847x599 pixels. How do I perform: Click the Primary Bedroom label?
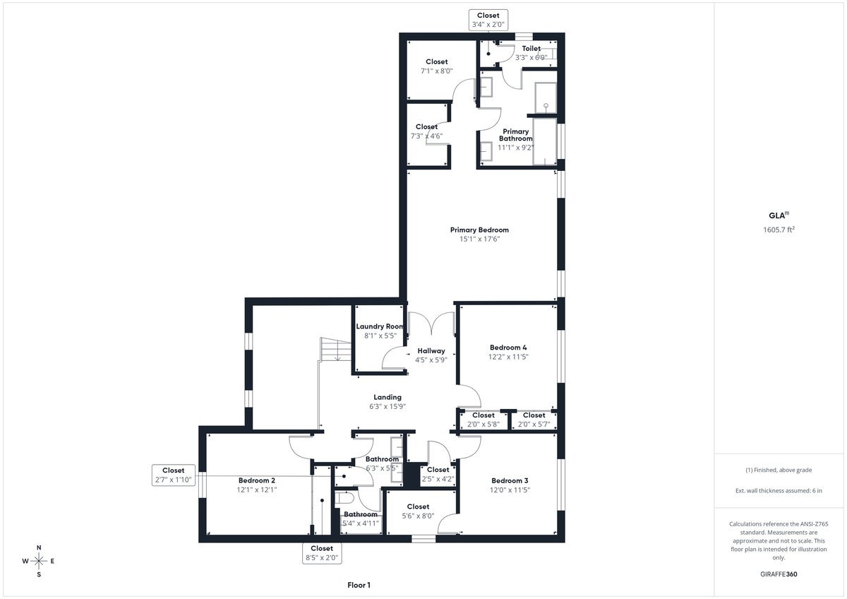pyautogui.click(x=479, y=230)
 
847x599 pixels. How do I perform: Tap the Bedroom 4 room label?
pyautogui.click(x=507, y=347)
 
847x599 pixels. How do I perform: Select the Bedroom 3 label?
pyautogui.click(x=510, y=480)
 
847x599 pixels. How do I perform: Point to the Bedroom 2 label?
pyautogui.click(x=256, y=480)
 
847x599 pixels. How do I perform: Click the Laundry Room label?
pyautogui.click(x=380, y=326)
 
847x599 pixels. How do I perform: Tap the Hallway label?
pyautogui.click(x=431, y=351)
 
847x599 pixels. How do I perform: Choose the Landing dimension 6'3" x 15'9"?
pyautogui.click(x=388, y=406)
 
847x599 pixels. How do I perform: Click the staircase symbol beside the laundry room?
pyautogui.click(x=336, y=349)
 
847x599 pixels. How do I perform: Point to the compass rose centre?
pyautogui.click(x=39, y=561)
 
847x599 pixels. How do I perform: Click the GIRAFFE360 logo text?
pyautogui.click(x=779, y=574)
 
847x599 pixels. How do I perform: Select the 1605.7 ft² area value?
pyautogui.click(x=779, y=230)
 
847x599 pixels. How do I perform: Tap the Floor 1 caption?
pyautogui.click(x=359, y=585)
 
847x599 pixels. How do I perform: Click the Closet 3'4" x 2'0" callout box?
pyautogui.click(x=488, y=20)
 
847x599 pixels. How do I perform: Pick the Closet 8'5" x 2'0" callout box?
pyautogui.click(x=322, y=553)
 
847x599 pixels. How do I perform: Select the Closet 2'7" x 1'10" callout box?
pyautogui.click(x=174, y=475)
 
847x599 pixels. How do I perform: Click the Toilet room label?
pyautogui.click(x=531, y=49)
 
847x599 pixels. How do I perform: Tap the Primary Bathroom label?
pyautogui.click(x=515, y=135)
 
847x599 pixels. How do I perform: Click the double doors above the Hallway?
pyautogui.click(x=431, y=323)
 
